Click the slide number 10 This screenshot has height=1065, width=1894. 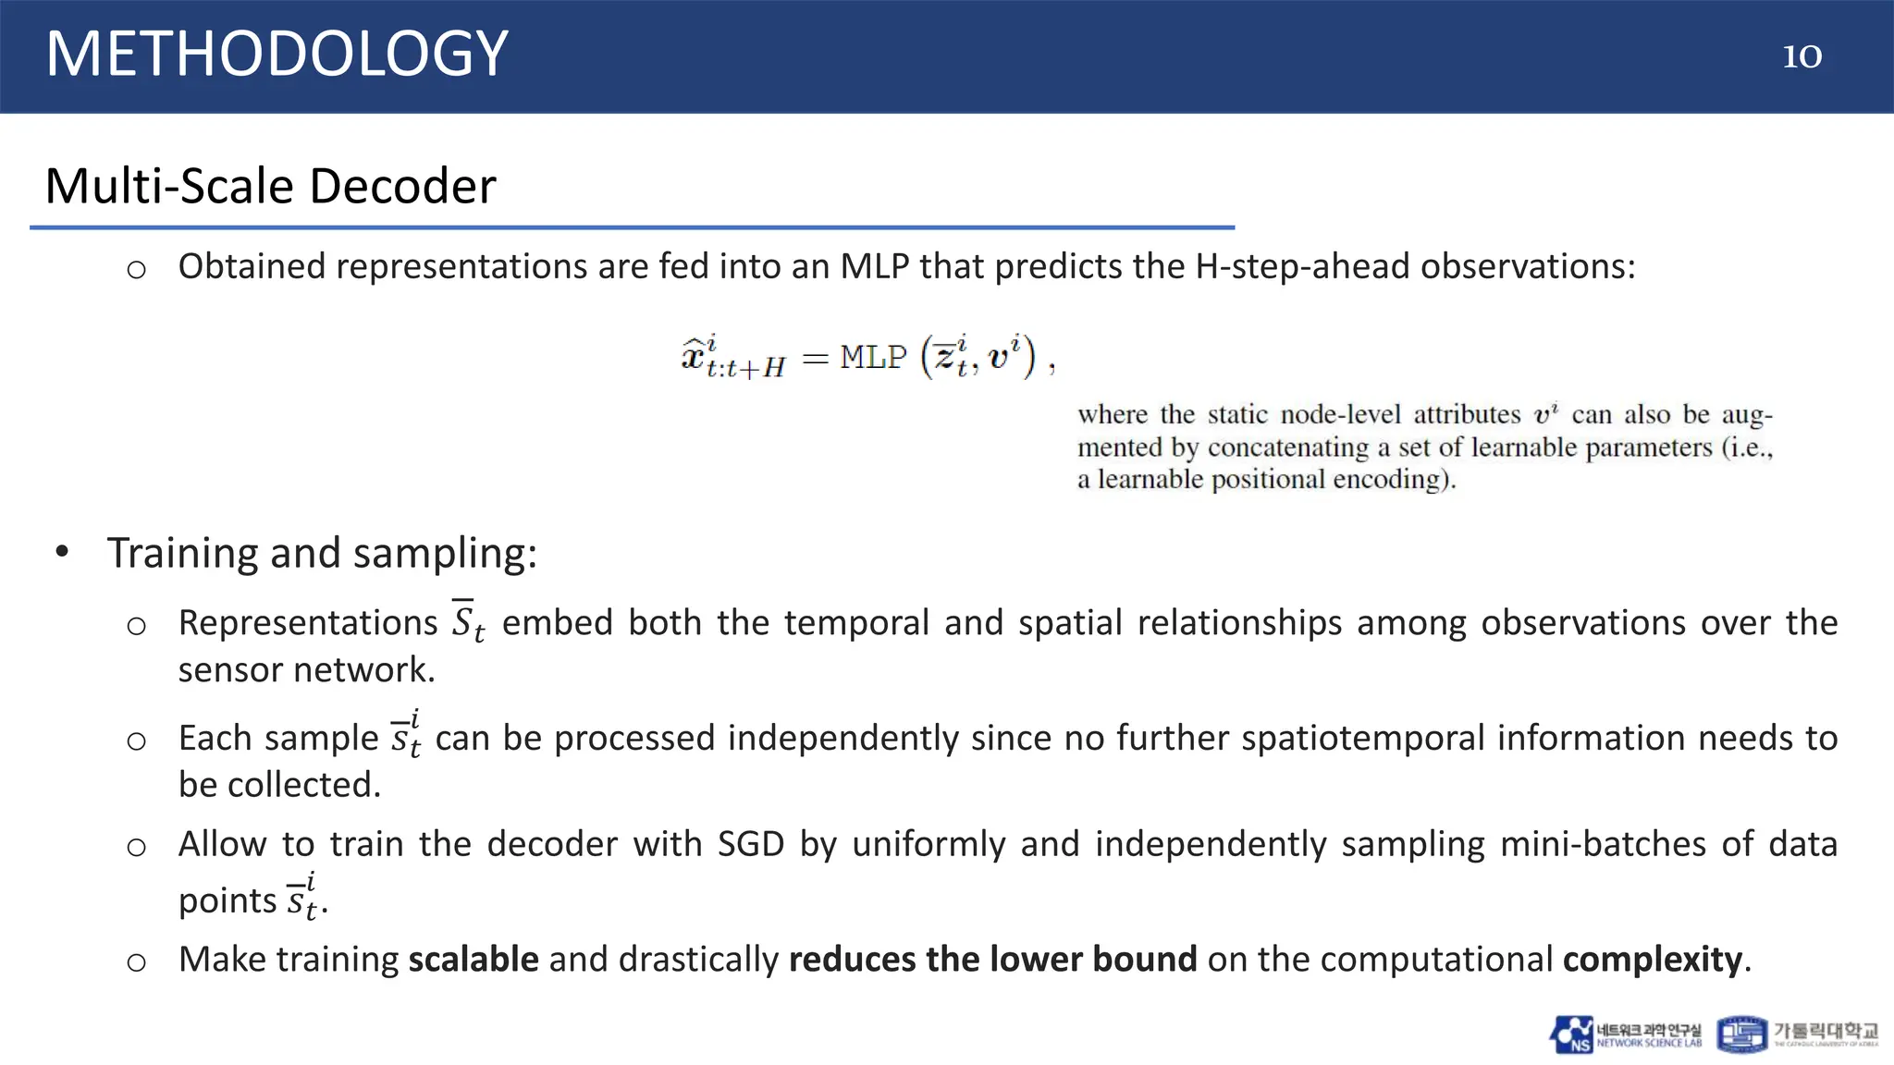coord(1802,56)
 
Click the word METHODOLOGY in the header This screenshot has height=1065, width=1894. coord(277,54)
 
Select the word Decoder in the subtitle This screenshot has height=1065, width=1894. coord(402,186)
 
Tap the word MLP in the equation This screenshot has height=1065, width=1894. coord(873,357)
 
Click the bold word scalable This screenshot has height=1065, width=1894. coord(473,960)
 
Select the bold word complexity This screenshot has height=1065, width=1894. coord(1653,960)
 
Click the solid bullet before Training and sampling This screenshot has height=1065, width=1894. coord(62,552)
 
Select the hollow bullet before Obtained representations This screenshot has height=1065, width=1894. coord(136,270)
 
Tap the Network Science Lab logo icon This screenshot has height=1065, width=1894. coord(1571,1034)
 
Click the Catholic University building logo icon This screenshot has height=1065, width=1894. coord(1741,1034)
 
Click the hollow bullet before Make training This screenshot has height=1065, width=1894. coord(136,962)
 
